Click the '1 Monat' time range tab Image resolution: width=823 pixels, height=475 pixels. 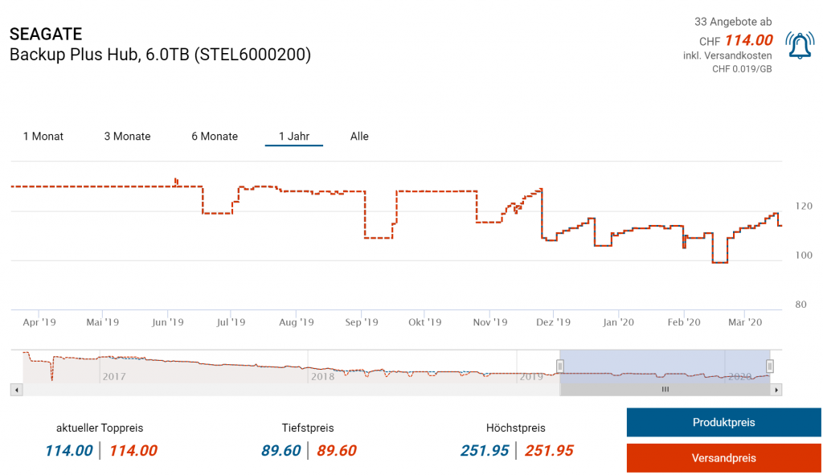tap(43, 137)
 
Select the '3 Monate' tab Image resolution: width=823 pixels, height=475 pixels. tap(127, 137)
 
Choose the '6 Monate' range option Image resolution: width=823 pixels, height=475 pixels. tap(215, 137)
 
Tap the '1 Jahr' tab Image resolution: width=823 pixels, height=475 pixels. tap(294, 137)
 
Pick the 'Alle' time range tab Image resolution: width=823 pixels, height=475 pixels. tap(359, 137)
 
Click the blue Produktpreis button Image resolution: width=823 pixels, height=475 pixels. tap(723, 422)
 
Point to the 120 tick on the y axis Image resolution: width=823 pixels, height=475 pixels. tap(803, 207)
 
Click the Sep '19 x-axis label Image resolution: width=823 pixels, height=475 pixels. tap(362, 322)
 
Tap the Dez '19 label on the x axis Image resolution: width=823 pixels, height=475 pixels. tap(553, 322)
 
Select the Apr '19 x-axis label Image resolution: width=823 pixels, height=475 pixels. tap(39, 322)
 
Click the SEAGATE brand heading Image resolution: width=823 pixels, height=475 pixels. tap(46, 35)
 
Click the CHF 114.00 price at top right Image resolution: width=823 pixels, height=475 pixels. tap(748, 41)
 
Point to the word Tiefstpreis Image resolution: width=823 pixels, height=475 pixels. tap(308, 428)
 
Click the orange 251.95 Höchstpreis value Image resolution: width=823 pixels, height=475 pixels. tap(549, 451)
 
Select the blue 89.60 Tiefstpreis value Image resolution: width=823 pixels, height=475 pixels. tap(281, 451)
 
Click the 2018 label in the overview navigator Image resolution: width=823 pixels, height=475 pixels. tap(323, 376)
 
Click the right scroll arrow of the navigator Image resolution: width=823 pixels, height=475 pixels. tap(776, 390)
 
